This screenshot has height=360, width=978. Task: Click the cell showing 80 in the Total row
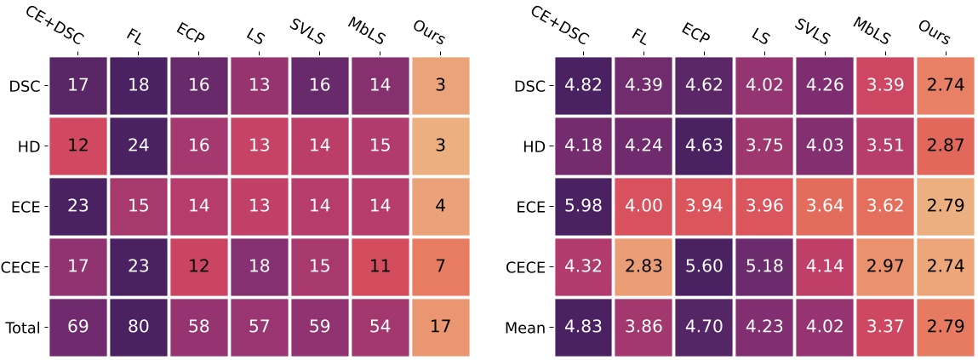138,327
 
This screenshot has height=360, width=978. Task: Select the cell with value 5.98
585,206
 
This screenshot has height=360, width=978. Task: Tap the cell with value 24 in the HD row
138,146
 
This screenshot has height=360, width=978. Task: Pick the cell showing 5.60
705,266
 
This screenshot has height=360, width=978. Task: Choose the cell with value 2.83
644,266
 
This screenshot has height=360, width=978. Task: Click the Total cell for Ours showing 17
440,327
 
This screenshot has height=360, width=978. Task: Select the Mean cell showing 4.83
585,327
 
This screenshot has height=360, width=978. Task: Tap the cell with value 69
77,327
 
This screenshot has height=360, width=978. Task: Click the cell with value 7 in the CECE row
440,266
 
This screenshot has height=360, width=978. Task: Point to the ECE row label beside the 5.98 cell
530,206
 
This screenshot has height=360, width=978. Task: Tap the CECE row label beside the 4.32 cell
525,266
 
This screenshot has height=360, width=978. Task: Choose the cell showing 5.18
765,266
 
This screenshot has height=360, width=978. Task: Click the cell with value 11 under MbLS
380,266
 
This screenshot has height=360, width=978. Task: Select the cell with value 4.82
585,85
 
